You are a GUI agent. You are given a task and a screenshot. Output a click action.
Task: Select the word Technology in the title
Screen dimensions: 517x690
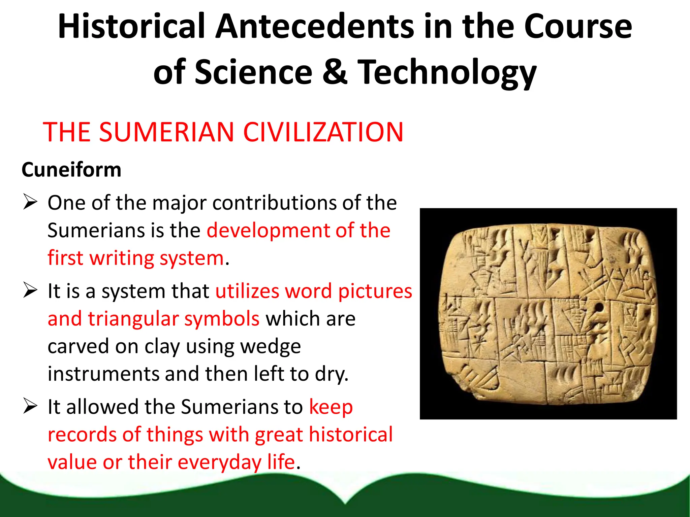pyautogui.click(x=447, y=72)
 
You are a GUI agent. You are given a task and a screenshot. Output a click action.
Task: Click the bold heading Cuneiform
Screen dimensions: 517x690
pyautogui.click(x=71, y=170)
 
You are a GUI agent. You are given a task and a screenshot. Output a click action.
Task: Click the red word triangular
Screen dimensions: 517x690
pyautogui.click(x=133, y=319)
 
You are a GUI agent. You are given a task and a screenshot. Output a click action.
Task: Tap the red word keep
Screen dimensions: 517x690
pyautogui.click(x=331, y=407)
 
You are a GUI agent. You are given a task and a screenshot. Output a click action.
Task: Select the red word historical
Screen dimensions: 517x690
pyautogui.click(x=351, y=434)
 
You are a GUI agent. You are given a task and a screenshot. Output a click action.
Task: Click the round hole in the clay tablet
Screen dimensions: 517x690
pyautogui.click(x=599, y=307)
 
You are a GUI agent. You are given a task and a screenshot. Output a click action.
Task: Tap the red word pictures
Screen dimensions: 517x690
pyautogui.click(x=375, y=291)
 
